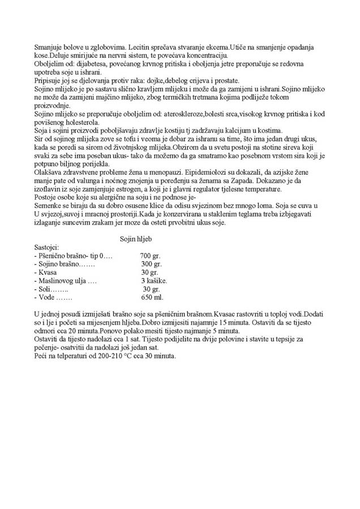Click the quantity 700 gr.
pos(150,256)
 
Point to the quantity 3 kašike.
pos(154,280)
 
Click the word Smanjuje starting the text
pos(50,47)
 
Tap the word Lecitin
pos(140,47)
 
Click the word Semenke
pos(50,205)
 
